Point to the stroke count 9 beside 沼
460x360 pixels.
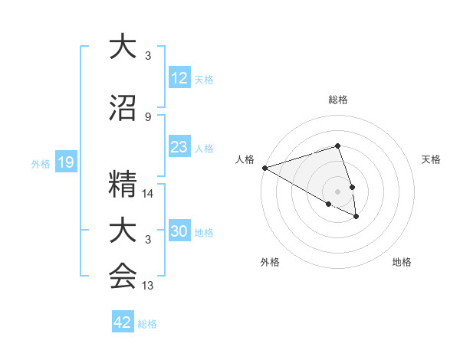point(148,117)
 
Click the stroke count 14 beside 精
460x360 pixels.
point(148,194)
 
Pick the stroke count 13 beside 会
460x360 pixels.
point(148,286)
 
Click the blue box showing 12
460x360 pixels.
point(179,78)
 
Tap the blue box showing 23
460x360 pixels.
point(179,147)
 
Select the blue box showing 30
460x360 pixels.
point(179,231)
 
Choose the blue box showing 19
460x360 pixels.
point(65,162)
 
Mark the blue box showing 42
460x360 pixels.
point(122,322)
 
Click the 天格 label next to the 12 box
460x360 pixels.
point(204,80)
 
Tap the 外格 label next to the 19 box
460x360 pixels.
point(40,164)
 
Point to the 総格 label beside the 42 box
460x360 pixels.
point(147,324)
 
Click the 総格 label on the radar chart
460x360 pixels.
point(337,100)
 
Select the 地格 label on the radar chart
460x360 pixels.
point(402,262)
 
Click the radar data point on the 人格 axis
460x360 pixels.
point(264,167)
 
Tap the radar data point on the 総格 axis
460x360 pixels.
point(337,146)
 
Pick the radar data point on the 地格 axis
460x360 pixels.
point(356,217)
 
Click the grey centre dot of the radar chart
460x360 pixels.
point(337,191)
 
